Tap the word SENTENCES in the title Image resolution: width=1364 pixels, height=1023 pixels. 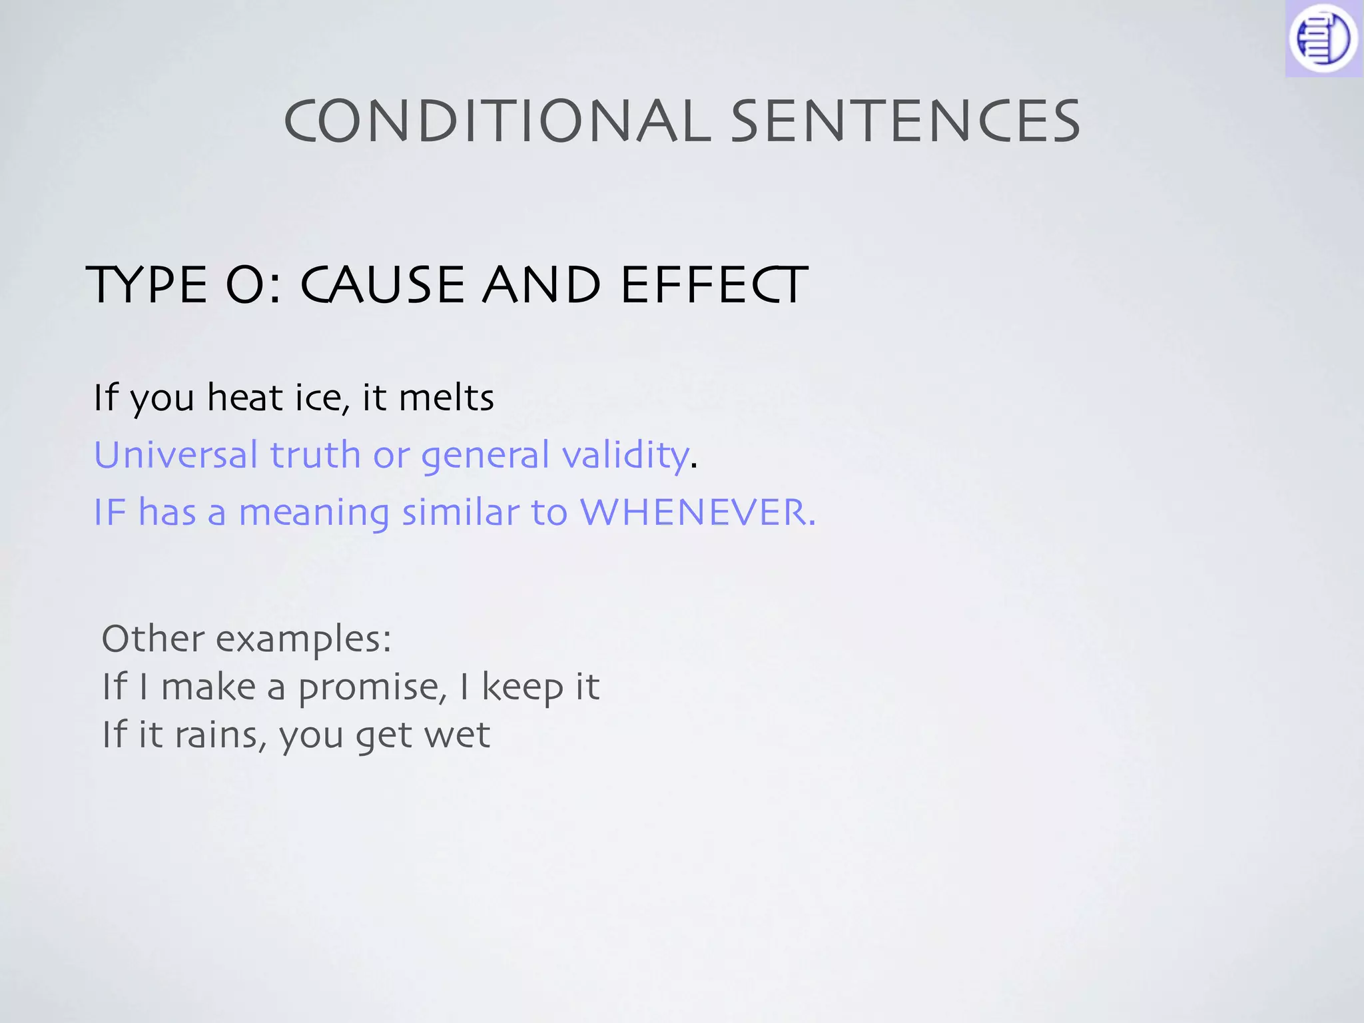(906, 121)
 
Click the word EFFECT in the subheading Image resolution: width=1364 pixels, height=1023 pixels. (714, 285)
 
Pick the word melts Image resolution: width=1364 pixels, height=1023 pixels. (446, 398)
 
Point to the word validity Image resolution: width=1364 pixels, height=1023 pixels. (625, 456)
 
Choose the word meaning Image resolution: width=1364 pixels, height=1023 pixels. (314, 513)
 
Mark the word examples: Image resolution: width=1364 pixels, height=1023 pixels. (304, 639)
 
